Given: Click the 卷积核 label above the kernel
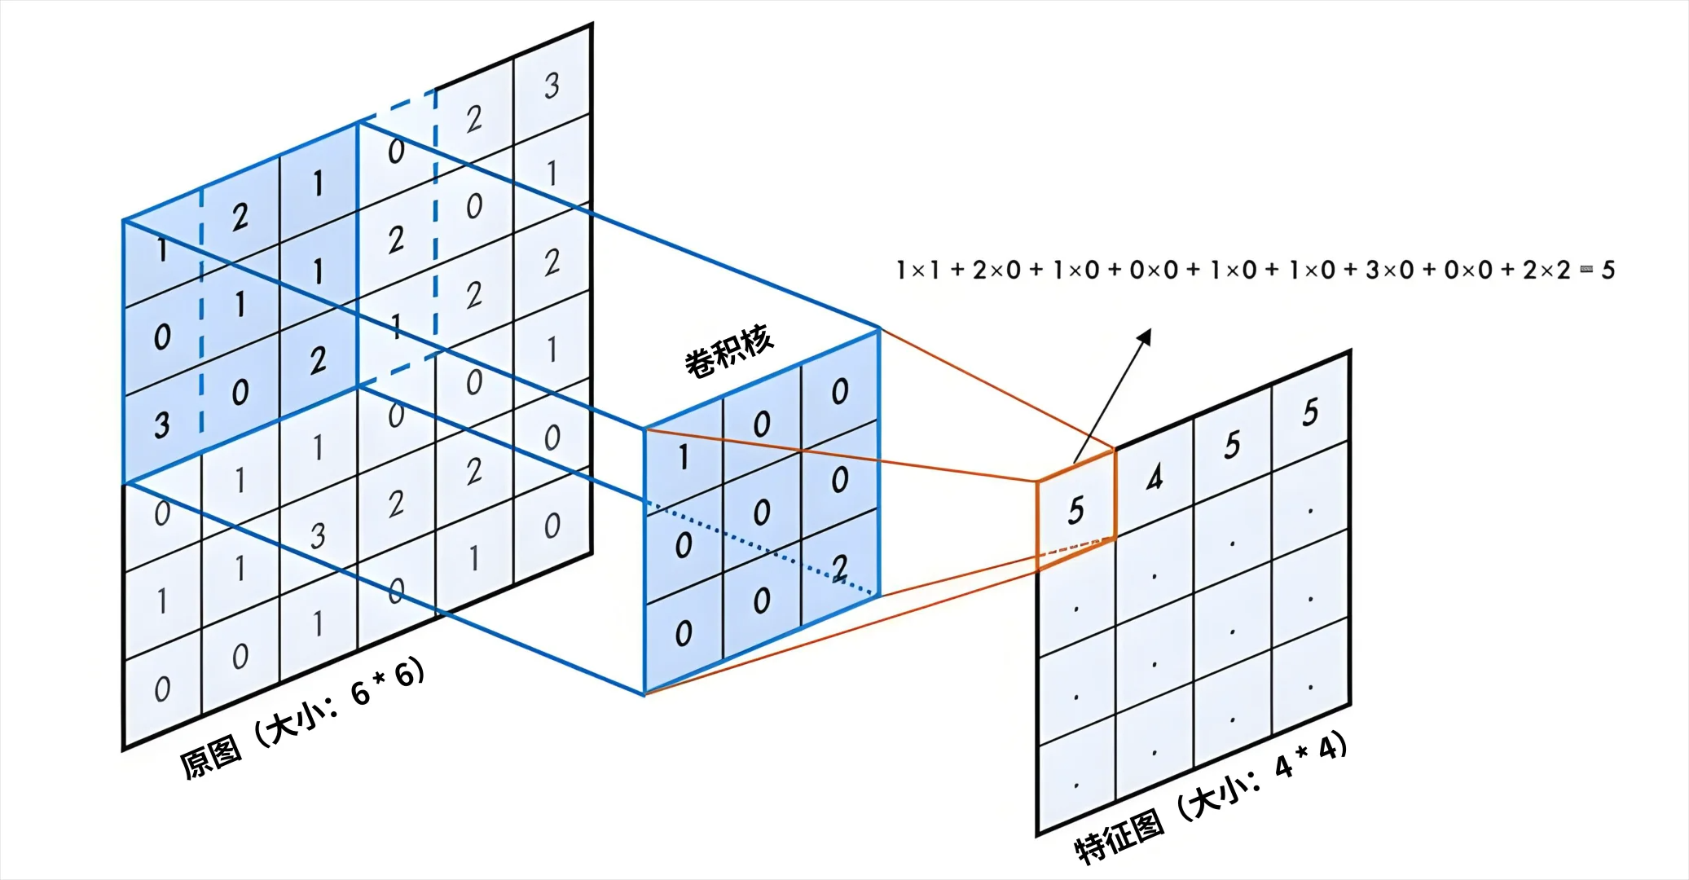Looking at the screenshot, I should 728,351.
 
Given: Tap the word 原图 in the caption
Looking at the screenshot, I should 211,757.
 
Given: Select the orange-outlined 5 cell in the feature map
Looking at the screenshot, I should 1075,511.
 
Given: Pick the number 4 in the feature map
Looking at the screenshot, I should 1154,477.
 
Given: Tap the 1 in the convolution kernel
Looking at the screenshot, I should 684,458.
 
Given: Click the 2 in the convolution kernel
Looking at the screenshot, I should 840,566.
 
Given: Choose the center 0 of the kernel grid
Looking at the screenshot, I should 761,513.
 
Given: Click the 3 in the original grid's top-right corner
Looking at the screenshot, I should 552,85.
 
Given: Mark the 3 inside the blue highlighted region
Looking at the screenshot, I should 162,425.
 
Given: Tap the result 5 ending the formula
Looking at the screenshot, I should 1608,270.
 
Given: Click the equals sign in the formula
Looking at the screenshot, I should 1586,270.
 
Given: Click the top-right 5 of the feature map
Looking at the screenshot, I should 1310,412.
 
